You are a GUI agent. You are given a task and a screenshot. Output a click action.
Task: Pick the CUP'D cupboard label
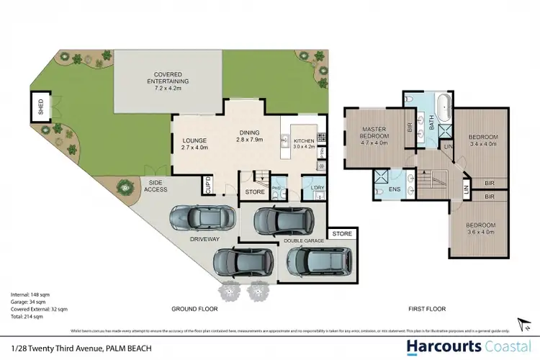(210, 184)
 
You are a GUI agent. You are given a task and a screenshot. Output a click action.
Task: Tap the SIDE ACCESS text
(157, 186)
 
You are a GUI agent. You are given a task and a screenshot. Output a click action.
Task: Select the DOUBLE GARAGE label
(304, 241)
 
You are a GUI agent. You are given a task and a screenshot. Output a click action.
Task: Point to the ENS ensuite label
(394, 192)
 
